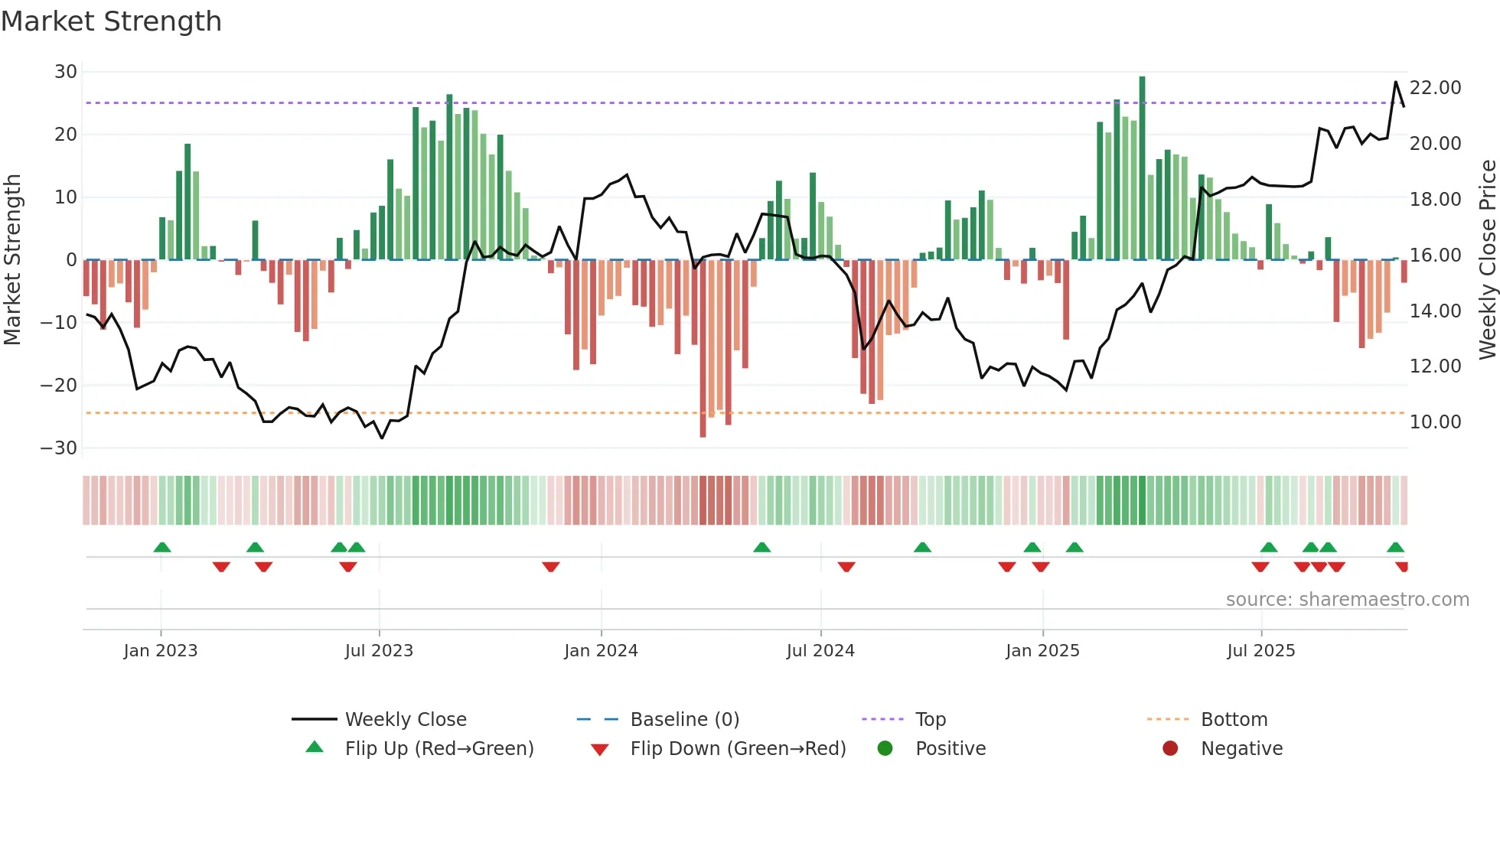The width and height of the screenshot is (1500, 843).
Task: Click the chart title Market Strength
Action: [x=111, y=21]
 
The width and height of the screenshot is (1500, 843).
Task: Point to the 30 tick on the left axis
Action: [x=66, y=72]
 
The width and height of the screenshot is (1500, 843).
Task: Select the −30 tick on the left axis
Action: [x=59, y=448]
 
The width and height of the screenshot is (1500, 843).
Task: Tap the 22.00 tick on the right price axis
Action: [x=1435, y=88]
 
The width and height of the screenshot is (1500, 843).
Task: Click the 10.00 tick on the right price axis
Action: [x=1435, y=422]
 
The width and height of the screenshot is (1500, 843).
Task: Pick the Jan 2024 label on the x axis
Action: [x=601, y=651]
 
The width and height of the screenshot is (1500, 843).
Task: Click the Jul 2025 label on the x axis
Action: [x=1260, y=651]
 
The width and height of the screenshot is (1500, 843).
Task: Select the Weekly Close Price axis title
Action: [x=1487, y=259]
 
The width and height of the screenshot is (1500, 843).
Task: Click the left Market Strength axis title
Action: [x=13, y=259]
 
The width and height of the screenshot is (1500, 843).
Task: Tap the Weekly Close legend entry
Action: [x=405, y=720]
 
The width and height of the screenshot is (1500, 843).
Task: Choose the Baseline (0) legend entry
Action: [x=684, y=720]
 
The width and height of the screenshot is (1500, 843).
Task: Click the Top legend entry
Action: [x=930, y=720]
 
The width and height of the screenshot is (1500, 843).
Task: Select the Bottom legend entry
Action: [x=1234, y=720]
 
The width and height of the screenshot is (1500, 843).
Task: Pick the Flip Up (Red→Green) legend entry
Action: [x=439, y=749]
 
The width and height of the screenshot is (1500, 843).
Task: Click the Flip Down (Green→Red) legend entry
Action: [x=738, y=749]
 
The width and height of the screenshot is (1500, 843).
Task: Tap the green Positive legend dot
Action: [x=885, y=749]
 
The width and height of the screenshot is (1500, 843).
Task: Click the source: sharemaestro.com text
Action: [x=1347, y=600]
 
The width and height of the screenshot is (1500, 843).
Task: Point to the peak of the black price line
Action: [x=1395, y=82]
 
